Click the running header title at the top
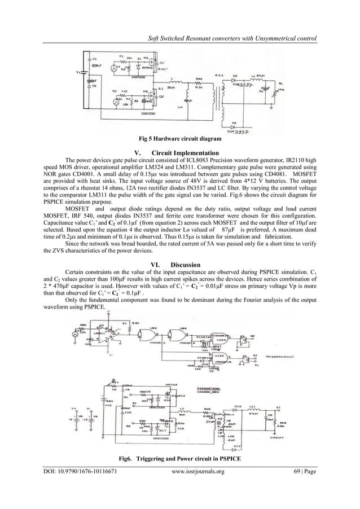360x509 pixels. [x=232, y=38]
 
